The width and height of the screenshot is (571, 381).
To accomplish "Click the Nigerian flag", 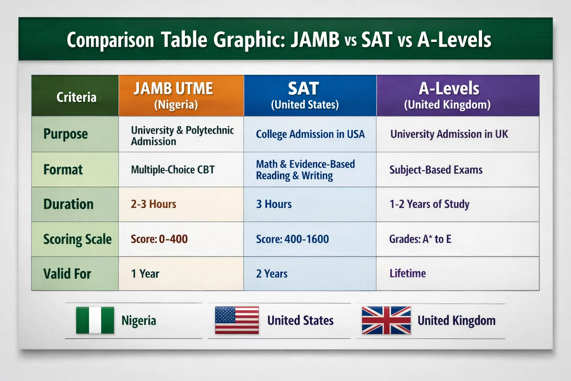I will pyautogui.click(x=95, y=320).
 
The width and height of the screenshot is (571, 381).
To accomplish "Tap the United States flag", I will pyautogui.click(x=237, y=320).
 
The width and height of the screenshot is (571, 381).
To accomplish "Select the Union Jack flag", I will pyautogui.click(x=386, y=320).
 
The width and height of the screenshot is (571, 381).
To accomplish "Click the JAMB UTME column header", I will pyautogui.click(x=181, y=96).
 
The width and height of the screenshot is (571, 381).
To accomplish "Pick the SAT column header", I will pyautogui.click(x=310, y=96).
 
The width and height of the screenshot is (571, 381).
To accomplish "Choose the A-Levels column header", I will pyautogui.click(x=458, y=96).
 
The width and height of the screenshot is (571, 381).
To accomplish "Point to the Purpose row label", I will pyautogui.click(x=65, y=134).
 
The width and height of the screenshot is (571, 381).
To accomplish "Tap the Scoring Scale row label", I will pyautogui.click(x=77, y=239).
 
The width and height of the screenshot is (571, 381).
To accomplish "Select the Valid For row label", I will pyautogui.click(x=67, y=274).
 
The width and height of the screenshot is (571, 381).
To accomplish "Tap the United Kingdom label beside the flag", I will pyautogui.click(x=457, y=320).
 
